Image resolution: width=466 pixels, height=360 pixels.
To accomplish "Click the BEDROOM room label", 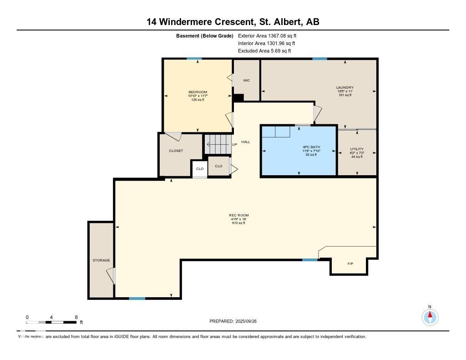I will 198,92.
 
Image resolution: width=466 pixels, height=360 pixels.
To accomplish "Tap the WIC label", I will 246,81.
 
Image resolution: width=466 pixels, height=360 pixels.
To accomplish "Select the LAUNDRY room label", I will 345,87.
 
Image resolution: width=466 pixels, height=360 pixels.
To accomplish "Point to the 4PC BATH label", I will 311,147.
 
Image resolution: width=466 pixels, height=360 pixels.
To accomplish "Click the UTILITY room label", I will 357,149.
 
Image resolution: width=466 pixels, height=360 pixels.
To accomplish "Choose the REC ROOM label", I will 238,215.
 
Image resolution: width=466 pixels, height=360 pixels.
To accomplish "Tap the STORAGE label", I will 101,260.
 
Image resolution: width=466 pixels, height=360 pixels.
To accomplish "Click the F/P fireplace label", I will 350,264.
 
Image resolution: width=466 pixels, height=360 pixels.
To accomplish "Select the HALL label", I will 246,142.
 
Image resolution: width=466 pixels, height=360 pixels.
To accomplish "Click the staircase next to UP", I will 217,145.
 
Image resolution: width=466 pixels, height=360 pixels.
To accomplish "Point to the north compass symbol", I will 430,316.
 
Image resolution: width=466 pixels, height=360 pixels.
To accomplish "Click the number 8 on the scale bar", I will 76,317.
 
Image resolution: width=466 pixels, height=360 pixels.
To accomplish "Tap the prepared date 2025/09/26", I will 249,321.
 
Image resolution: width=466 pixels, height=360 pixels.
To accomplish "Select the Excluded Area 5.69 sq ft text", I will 264,51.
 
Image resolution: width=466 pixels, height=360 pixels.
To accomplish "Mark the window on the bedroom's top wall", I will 194,58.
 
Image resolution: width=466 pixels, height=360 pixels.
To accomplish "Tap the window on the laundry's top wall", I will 319,58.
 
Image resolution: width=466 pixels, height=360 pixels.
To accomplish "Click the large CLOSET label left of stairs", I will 176,151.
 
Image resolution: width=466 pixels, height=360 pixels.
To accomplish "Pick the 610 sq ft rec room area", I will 238,223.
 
